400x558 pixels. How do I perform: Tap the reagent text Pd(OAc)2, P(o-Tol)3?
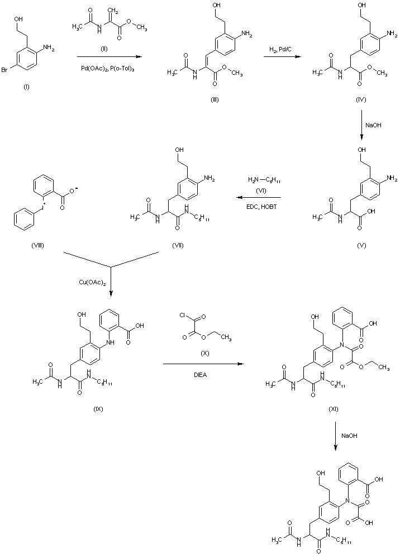click(106, 68)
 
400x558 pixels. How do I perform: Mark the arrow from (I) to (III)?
click(106, 56)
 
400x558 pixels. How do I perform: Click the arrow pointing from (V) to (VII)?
click(256, 197)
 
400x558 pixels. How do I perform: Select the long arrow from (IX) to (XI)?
click(203, 365)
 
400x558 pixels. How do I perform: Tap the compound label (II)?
click(103, 49)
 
